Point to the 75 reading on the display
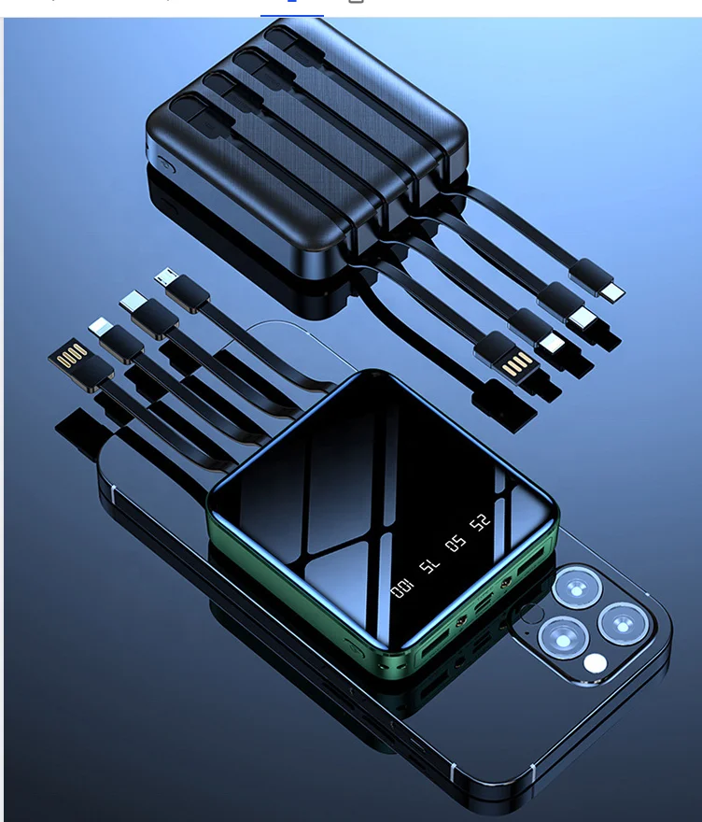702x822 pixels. pos(428,565)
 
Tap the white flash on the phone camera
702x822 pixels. pos(594,664)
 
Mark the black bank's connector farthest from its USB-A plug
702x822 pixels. pos(612,293)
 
